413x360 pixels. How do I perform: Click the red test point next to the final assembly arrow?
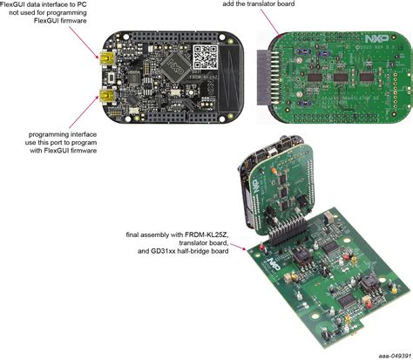(259, 248)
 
